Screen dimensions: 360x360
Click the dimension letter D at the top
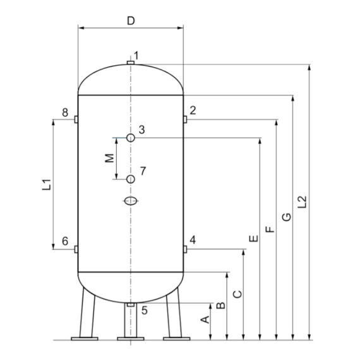[x=131, y=20]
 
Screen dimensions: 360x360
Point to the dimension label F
[x=270, y=229]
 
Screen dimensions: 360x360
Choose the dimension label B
[x=221, y=306]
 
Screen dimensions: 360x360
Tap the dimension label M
[x=109, y=158]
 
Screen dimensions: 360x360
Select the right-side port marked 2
[x=185, y=119]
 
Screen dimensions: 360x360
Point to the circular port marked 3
[x=130, y=138]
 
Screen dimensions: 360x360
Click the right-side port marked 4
[x=185, y=249]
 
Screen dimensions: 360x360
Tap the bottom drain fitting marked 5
[x=130, y=305]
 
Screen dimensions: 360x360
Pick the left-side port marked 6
[x=75, y=249]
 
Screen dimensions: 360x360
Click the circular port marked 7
[x=130, y=179]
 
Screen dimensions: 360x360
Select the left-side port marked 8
[x=75, y=119]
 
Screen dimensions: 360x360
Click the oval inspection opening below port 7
[x=130, y=201]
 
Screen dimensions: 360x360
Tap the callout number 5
[x=144, y=310]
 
